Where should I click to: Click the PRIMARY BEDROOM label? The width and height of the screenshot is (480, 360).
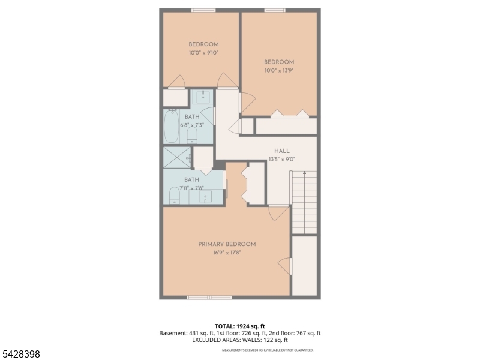pos(227,244)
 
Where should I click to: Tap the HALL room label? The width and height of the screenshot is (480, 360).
pos(282,151)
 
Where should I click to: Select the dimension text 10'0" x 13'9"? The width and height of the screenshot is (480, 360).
pos(279,70)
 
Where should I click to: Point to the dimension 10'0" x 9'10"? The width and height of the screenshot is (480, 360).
pos(203,53)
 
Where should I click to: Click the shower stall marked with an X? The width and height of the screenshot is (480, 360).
pos(177,158)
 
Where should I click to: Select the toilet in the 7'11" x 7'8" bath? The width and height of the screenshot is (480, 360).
pos(174,196)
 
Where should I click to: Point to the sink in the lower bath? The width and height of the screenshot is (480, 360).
pos(206,198)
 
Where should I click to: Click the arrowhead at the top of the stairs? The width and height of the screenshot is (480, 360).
pos(304,173)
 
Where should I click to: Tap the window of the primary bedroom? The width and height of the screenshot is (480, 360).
pos(209,297)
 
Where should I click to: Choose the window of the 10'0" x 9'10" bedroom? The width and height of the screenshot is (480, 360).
pos(203,10)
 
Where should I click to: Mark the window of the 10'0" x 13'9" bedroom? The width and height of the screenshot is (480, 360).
pos(274,10)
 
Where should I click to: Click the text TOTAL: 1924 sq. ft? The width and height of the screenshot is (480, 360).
pos(239,326)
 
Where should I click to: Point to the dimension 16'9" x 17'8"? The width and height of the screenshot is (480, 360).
pos(227,253)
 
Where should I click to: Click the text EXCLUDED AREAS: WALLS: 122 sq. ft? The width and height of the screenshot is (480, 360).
pos(239,340)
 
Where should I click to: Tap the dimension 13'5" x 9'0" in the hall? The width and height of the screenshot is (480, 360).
pos(282,160)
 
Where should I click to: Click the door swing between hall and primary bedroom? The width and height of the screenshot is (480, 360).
pos(278,213)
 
